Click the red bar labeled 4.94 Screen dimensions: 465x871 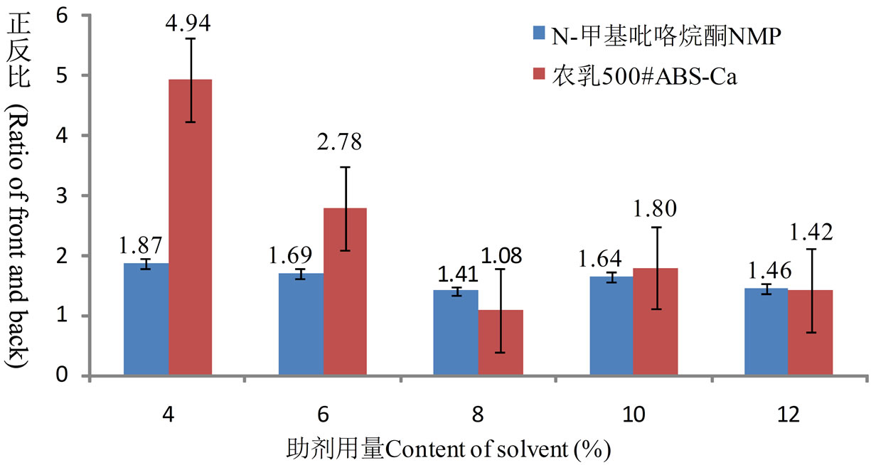[191, 228]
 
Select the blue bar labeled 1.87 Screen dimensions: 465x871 [146, 319]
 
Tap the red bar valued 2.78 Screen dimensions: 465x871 [346, 292]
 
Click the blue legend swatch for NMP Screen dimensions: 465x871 [539, 33]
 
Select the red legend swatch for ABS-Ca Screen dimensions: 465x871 [539, 77]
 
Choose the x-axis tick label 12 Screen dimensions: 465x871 [788, 415]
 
